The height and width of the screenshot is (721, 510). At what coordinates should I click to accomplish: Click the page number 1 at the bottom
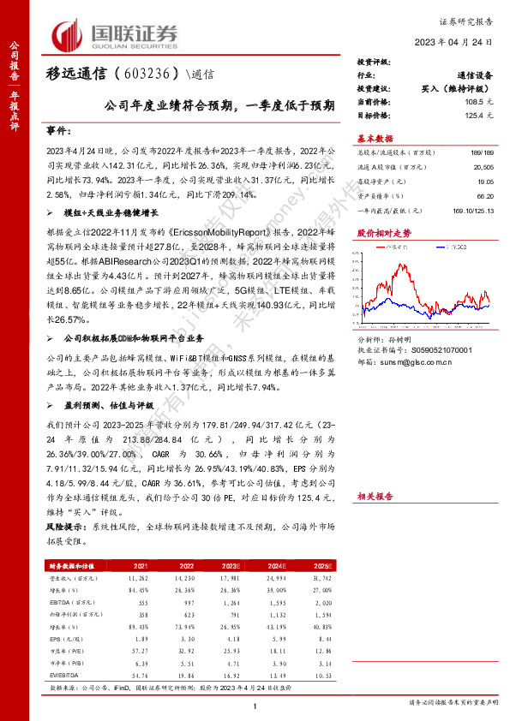[x=255, y=705]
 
